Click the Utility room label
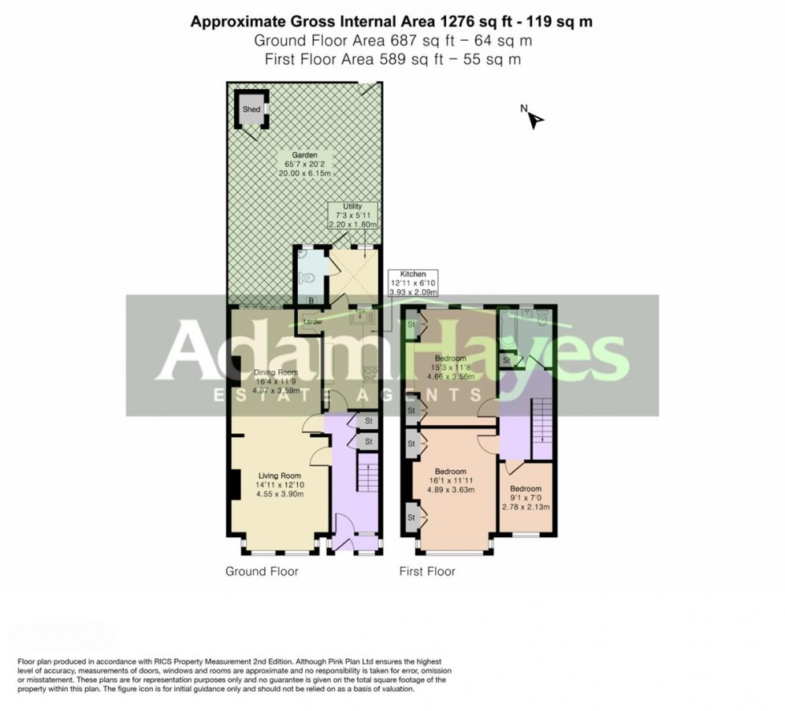coord(352,207)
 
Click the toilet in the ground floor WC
coord(306,278)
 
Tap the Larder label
coord(312,322)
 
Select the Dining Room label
coord(276,372)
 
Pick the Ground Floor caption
coord(261,572)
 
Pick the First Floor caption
coord(427,572)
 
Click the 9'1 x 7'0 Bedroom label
coord(525,489)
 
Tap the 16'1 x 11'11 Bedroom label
coord(450,472)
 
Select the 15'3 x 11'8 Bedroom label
coord(450,358)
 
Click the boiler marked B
coord(311,300)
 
